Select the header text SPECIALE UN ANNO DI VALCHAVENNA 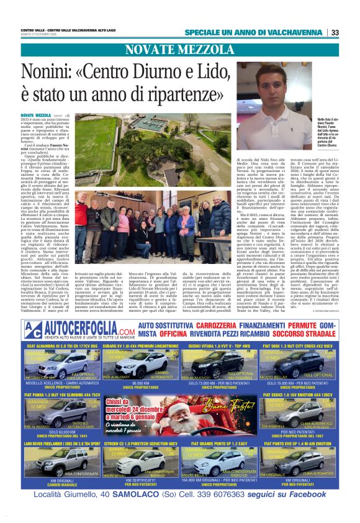[x=254, y=32]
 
